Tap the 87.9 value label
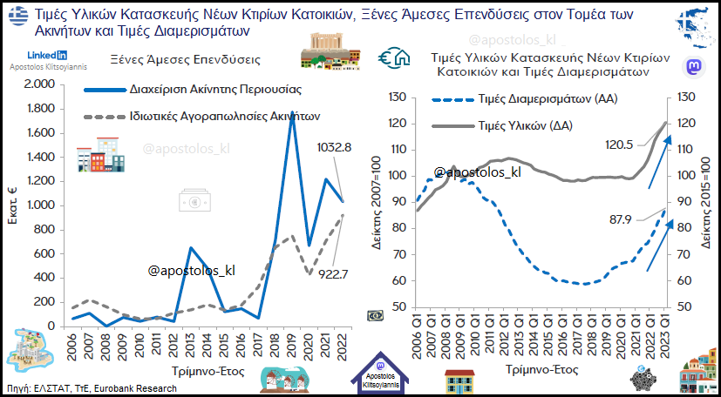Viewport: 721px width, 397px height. pyautogui.click(x=619, y=219)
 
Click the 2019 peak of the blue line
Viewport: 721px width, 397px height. pyautogui.click(x=292, y=113)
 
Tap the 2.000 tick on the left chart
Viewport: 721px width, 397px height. pyautogui.click(x=38, y=84)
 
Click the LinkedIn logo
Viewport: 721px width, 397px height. pyautogui.click(x=42, y=56)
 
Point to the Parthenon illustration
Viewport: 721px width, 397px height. pyautogui.click(x=330, y=53)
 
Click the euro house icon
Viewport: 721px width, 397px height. pyautogui.click(x=394, y=58)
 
